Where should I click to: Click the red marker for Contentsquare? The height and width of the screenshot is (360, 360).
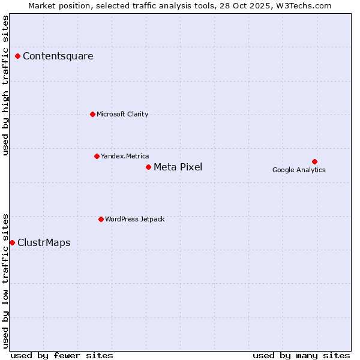tap(18, 56)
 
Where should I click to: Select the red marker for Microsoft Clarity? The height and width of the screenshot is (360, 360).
tap(92, 114)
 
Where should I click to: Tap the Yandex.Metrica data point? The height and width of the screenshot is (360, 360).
tap(97, 156)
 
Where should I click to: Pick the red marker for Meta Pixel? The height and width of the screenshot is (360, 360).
tap(148, 167)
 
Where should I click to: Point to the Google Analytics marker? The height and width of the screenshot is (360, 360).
tap(314, 161)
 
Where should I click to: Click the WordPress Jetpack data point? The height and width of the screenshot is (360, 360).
tap(101, 219)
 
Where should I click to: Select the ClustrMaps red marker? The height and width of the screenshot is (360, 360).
tap(13, 242)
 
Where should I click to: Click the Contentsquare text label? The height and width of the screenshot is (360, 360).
tap(58, 56)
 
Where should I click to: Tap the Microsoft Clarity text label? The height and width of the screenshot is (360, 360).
tap(122, 114)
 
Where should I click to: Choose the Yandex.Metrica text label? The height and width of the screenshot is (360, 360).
tap(125, 156)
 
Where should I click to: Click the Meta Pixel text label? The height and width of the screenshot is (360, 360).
tap(178, 167)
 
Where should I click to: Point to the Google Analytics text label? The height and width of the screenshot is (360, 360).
tap(299, 170)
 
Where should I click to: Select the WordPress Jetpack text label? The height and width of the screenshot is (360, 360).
tap(134, 219)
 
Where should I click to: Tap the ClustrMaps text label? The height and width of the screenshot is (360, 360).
tap(44, 242)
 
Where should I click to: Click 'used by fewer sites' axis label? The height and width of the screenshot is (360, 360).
tap(62, 355)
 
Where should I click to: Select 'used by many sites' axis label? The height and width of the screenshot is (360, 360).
tap(301, 355)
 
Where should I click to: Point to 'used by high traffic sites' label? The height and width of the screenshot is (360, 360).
tap(6, 85)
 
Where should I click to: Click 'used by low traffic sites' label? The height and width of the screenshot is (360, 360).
tap(6, 281)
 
